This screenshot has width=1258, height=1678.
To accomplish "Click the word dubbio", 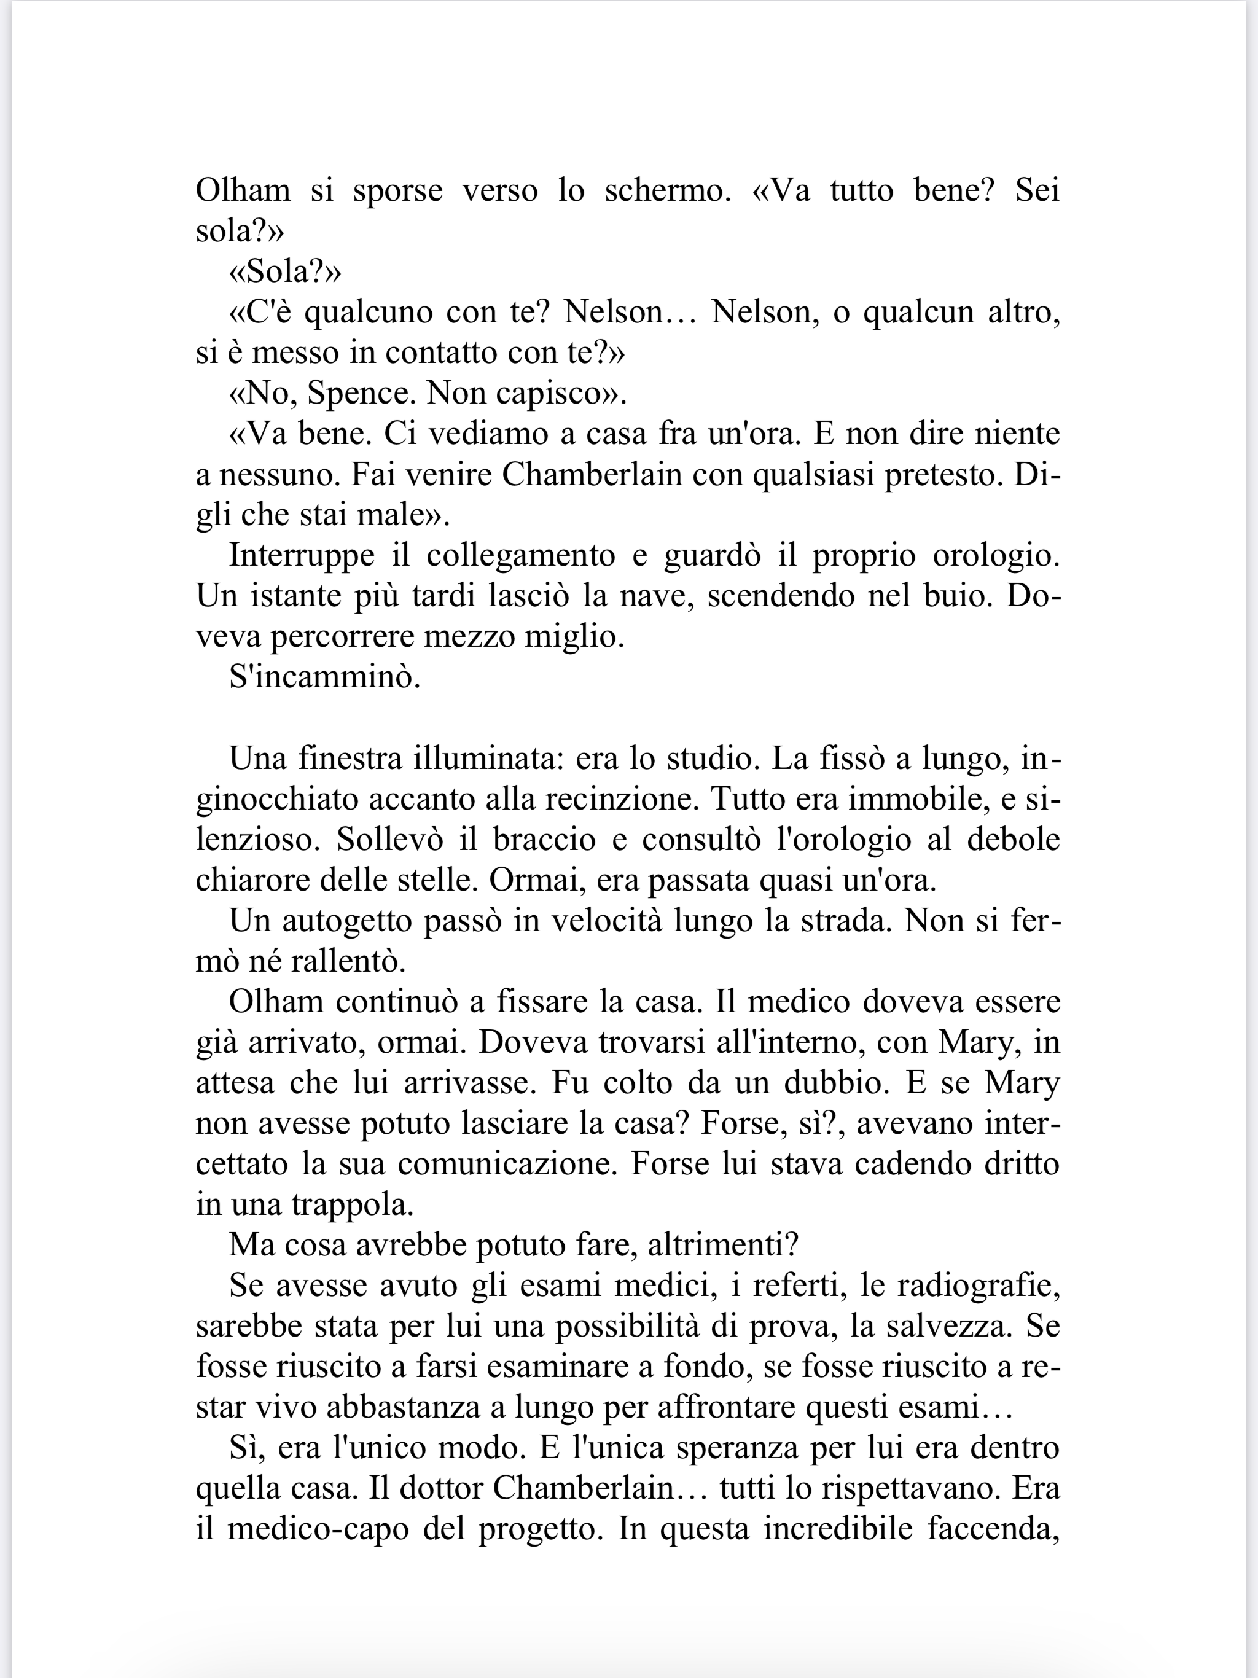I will pyautogui.click(x=843, y=1082).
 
